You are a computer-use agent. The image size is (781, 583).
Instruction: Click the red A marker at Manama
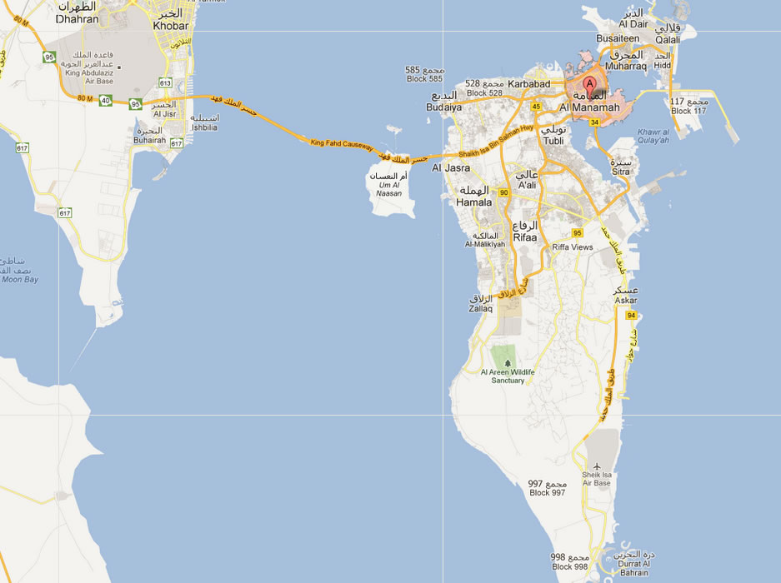coord(590,84)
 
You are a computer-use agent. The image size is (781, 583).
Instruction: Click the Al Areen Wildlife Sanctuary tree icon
coord(508,362)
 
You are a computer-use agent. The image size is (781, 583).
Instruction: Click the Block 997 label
coord(547,492)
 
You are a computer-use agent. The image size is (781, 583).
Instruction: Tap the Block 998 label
coord(570,566)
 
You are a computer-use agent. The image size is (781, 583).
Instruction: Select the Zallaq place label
coord(482,308)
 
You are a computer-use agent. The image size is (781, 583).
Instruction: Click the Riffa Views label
coord(573,248)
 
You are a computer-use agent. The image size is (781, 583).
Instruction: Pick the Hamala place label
coord(474,202)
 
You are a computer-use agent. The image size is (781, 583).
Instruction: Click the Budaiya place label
coord(443,107)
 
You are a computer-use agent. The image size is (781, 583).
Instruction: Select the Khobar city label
coord(170,26)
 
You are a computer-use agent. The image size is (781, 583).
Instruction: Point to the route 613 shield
coord(165,83)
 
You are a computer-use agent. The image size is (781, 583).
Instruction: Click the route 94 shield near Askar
coord(632,316)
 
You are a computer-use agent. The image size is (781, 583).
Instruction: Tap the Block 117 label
coord(688,111)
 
